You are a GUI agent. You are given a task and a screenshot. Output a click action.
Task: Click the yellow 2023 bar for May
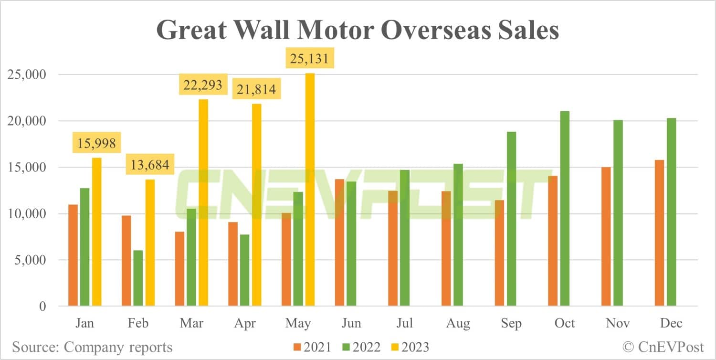pos(310,190)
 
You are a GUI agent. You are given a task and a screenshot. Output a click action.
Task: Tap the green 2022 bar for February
pos(138,278)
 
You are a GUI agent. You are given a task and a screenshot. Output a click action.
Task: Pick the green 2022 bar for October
pos(565,209)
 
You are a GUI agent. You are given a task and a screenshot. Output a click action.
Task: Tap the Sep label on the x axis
pos(511,323)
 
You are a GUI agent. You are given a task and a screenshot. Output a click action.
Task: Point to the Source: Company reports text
pos(92,347)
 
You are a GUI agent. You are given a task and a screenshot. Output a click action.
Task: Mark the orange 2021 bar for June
pos(340,243)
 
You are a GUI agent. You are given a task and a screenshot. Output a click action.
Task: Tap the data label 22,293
pos(202,85)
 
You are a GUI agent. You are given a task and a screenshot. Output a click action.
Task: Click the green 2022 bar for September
pos(511,219)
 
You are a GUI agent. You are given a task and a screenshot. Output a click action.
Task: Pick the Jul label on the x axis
pos(404,323)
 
